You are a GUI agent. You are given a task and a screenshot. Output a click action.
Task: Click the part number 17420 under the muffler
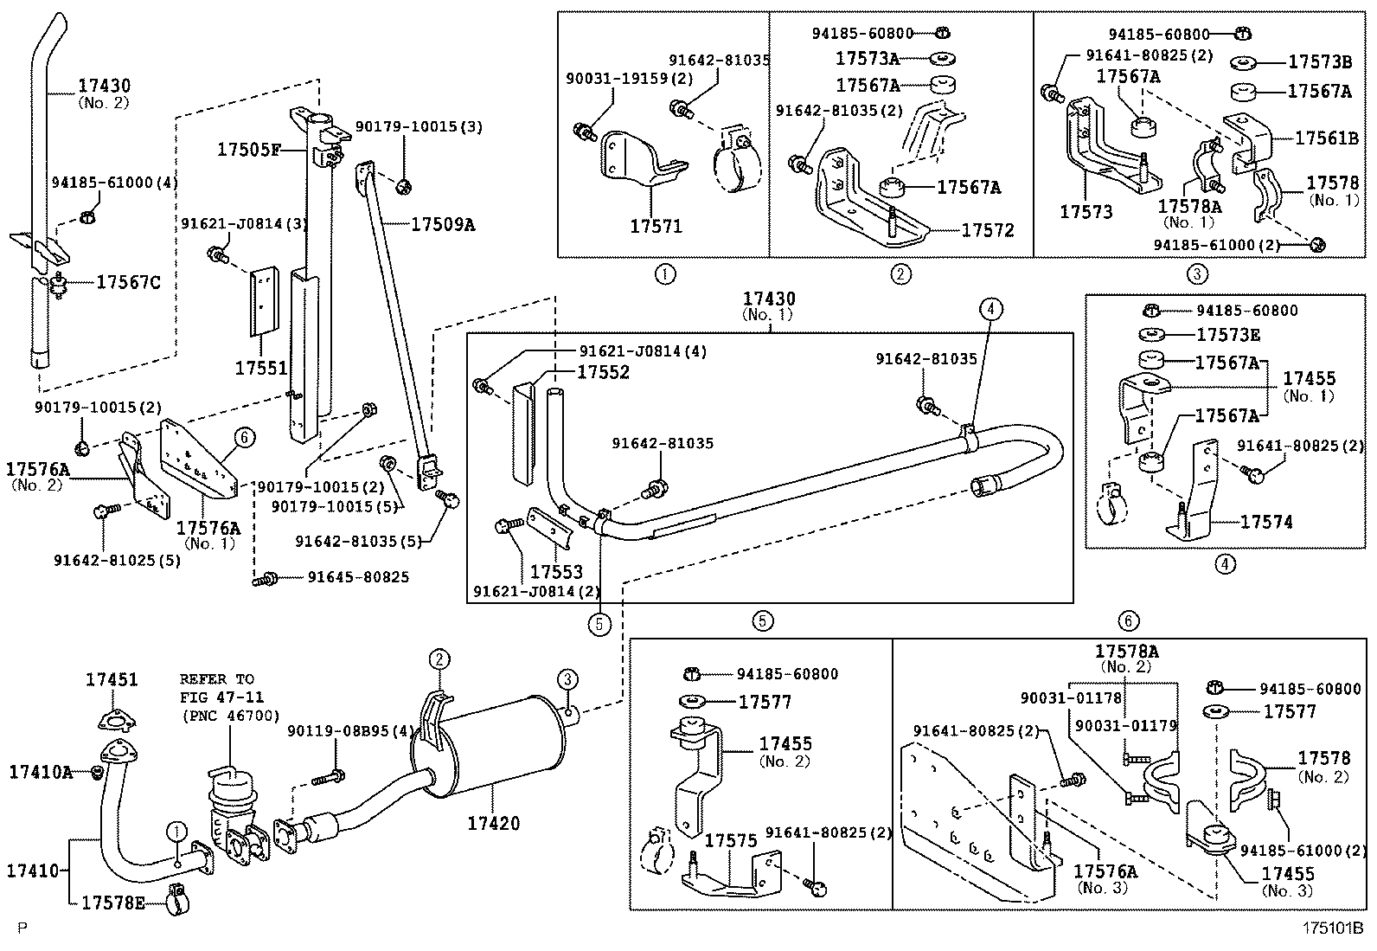coord(494,823)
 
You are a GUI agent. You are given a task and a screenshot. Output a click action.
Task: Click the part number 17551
coord(260,368)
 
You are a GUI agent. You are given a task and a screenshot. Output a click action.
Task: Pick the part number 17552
coord(604,372)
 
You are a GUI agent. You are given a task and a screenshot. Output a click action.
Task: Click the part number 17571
coord(656,227)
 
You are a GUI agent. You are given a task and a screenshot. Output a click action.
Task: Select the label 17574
coord(1266,522)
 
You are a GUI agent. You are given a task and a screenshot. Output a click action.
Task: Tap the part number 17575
coord(731,840)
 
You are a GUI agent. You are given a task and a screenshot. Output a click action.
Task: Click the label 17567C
coord(128,282)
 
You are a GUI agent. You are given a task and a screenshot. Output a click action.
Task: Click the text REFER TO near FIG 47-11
coord(217,679)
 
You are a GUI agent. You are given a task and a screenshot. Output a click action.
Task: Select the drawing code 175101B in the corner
coord(1333,929)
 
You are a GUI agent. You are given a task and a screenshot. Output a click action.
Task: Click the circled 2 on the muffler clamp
coord(439,660)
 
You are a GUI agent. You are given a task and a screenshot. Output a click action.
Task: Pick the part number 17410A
coord(41,771)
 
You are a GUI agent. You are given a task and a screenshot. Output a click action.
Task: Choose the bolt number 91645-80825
coord(358,577)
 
